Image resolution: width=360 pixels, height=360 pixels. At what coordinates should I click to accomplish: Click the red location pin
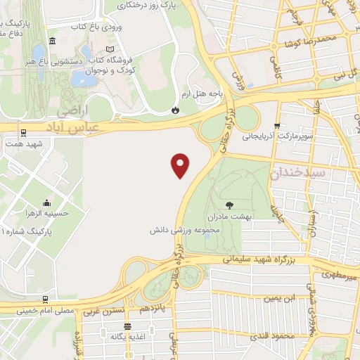[x=181, y=165]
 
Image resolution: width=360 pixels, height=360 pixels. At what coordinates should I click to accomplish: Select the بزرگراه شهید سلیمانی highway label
[x=257, y=259]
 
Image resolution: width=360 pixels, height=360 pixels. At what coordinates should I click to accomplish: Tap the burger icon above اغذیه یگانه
[x=127, y=326]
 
